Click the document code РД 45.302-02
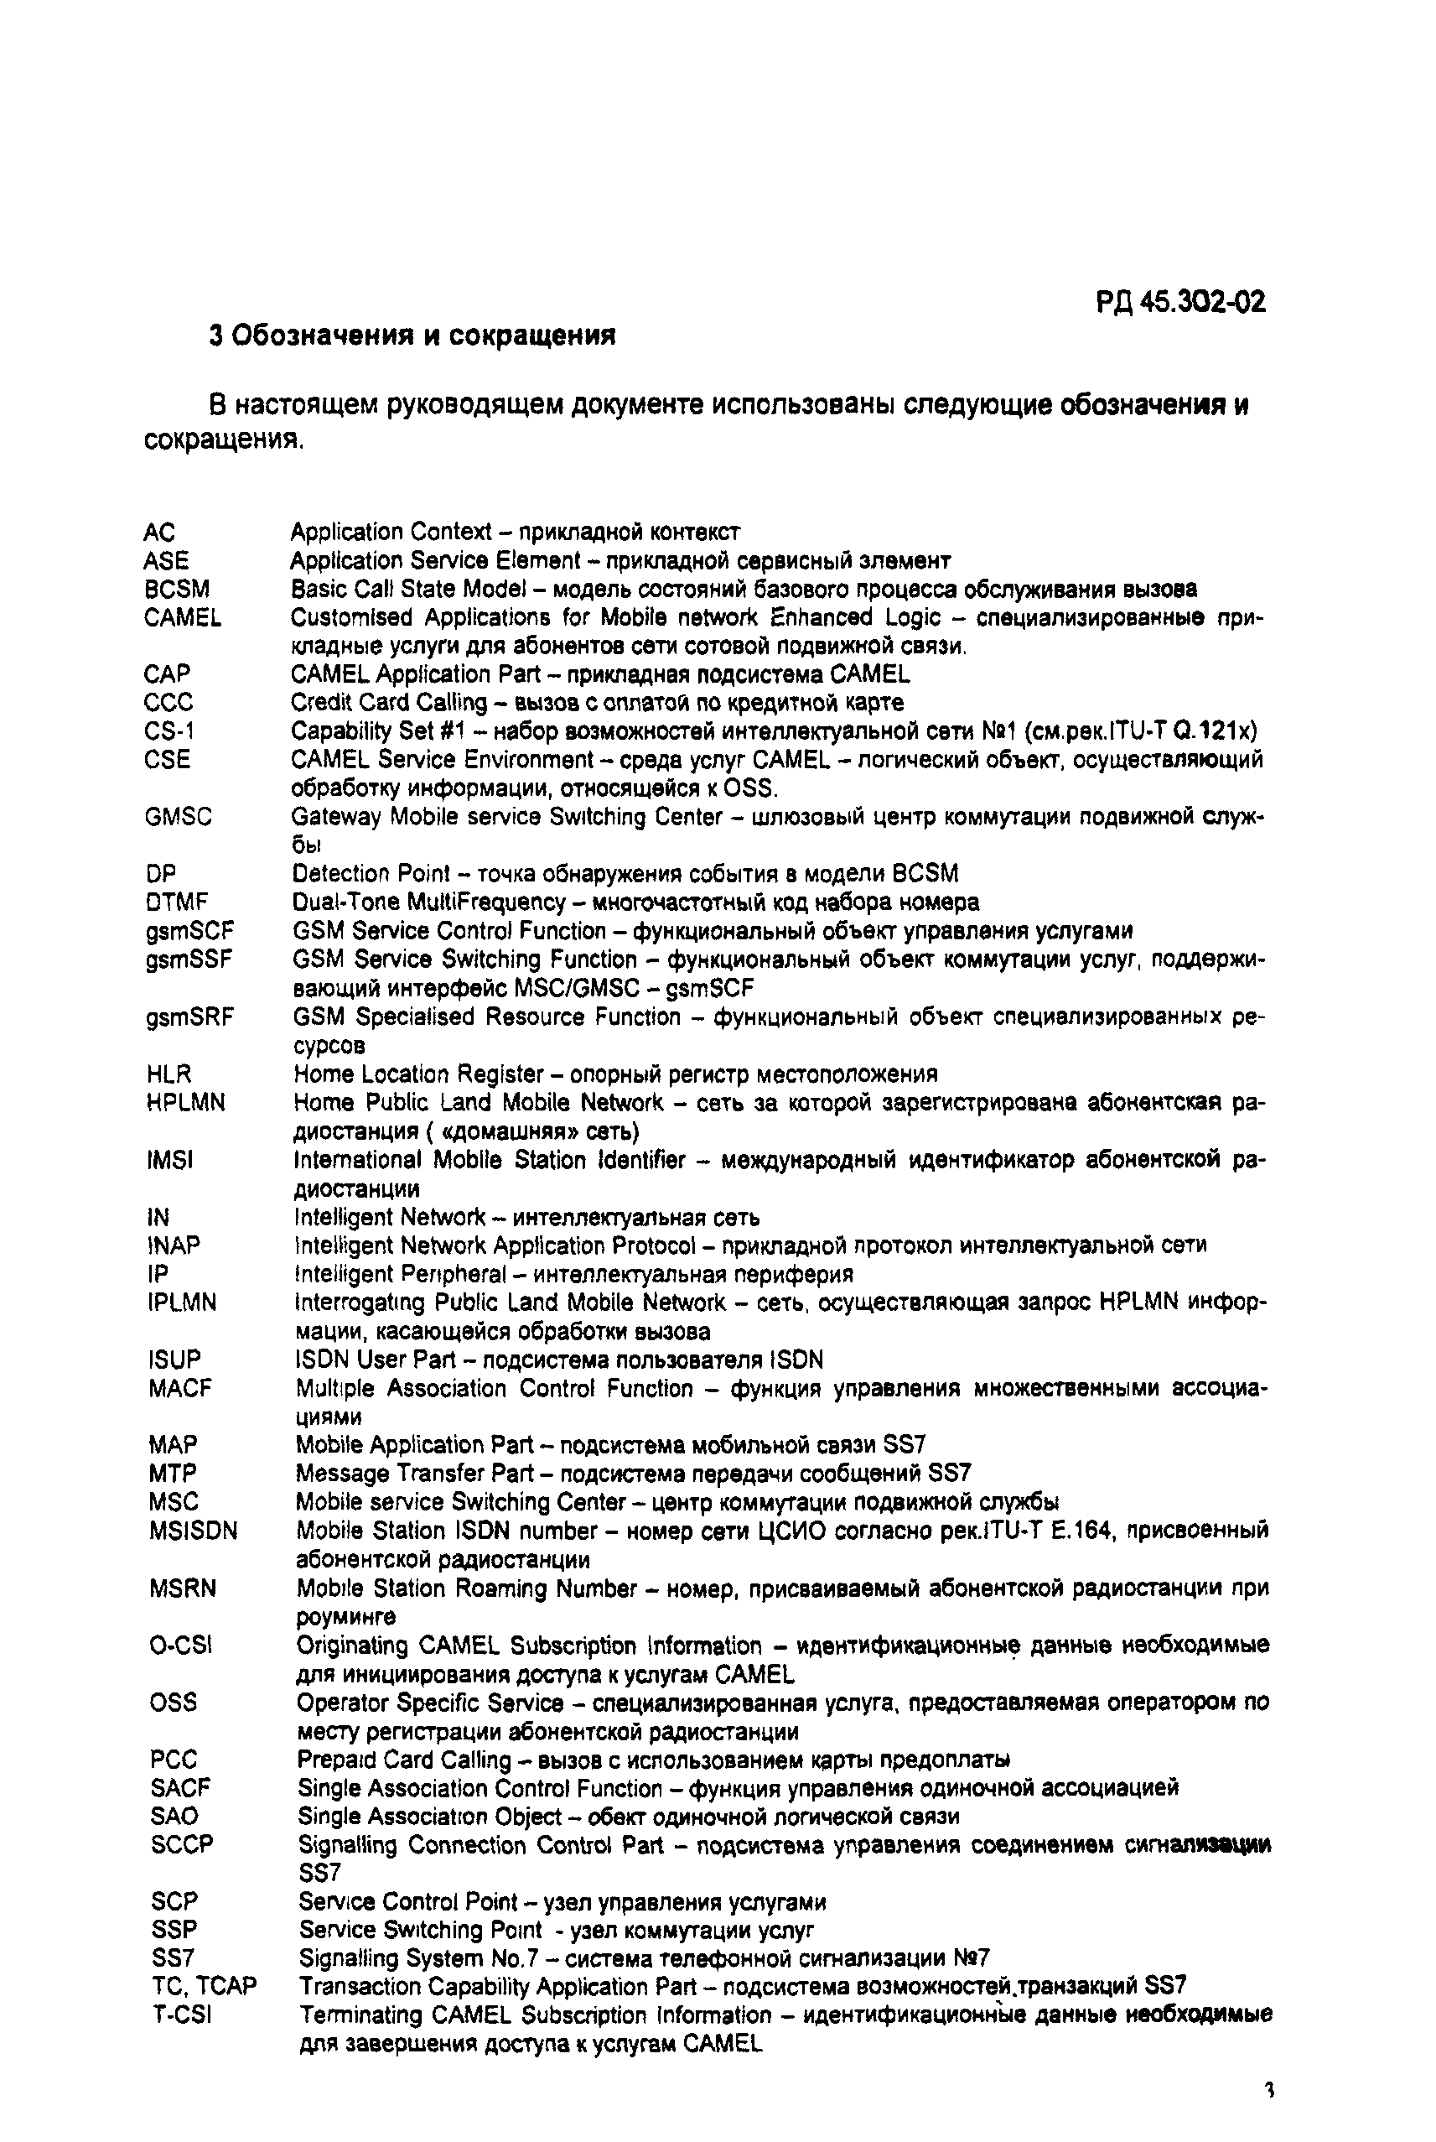click(1180, 301)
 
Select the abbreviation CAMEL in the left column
click(182, 617)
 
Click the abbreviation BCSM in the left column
click(177, 589)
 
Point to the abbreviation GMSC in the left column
click(179, 816)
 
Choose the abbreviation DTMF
click(177, 902)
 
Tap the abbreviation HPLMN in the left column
click(186, 1102)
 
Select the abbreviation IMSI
click(170, 1160)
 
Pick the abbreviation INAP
click(173, 1245)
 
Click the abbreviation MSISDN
click(194, 1531)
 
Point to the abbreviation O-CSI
click(180, 1645)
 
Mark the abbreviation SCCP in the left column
click(181, 1844)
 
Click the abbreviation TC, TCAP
click(205, 1986)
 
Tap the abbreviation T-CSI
click(181, 2015)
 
